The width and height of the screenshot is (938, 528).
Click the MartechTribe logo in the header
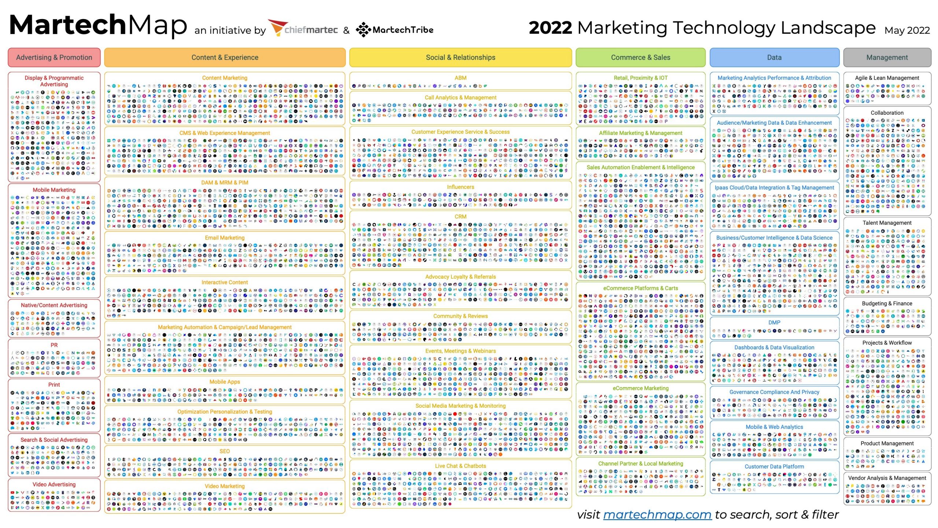(395, 30)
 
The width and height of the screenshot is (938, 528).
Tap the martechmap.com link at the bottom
(657, 514)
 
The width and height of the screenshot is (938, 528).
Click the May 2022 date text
(907, 30)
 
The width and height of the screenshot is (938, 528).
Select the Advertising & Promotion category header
(54, 58)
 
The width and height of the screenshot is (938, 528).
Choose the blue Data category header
(774, 58)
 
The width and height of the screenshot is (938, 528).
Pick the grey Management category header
(887, 58)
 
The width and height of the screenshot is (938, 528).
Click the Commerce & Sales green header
(640, 58)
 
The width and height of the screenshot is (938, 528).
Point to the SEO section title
(225, 451)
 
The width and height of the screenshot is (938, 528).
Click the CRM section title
(460, 217)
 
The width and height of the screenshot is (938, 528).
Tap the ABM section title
(460, 78)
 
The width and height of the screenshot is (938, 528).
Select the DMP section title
(774, 322)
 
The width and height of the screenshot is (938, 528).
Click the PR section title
(54, 345)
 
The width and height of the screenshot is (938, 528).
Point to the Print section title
(54, 385)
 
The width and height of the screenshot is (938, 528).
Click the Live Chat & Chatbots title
(460, 466)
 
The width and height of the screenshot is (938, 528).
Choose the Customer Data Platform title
(774, 467)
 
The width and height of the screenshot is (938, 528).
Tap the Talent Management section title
(887, 223)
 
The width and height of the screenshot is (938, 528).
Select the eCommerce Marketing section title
(640, 388)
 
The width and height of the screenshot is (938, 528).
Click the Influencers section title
(460, 187)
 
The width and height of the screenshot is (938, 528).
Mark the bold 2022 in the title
(550, 28)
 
